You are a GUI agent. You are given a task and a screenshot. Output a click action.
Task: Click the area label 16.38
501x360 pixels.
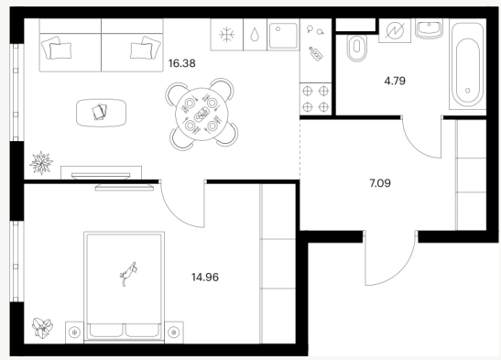[181, 63]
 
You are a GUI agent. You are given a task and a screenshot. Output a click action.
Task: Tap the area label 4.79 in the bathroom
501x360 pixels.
[395, 81]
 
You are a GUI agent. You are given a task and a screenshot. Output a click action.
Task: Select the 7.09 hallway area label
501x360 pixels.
[380, 183]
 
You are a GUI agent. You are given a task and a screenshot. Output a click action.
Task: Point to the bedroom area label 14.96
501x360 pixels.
[205, 277]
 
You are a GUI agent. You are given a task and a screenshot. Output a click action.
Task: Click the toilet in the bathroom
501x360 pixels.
[357, 49]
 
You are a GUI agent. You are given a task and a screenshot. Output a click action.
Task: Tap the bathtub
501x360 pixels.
[468, 66]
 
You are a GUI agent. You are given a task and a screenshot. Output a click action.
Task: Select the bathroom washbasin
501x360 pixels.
[429, 28]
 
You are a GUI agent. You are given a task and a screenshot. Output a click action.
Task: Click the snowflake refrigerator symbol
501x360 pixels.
[227, 35]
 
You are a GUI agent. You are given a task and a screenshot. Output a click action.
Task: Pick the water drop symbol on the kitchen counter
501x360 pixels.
[255, 35]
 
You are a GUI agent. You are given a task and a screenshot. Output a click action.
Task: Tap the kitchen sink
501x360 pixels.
[283, 35]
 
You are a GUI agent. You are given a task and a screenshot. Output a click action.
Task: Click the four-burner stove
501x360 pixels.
[316, 99]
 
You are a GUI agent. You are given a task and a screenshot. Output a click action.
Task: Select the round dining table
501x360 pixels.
[201, 114]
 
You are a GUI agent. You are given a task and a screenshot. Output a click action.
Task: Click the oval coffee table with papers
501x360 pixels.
[102, 113]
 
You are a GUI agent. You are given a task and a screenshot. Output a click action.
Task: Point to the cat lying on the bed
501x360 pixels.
[128, 273]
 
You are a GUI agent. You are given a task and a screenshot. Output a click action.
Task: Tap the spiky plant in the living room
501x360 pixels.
[41, 163]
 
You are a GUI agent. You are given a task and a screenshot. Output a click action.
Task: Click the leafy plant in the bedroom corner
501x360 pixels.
[42, 328]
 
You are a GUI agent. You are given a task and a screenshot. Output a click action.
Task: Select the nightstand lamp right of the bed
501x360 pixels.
[174, 333]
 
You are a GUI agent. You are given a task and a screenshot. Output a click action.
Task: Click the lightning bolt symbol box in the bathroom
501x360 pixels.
[395, 30]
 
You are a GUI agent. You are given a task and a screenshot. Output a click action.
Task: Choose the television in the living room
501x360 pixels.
[101, 175]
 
